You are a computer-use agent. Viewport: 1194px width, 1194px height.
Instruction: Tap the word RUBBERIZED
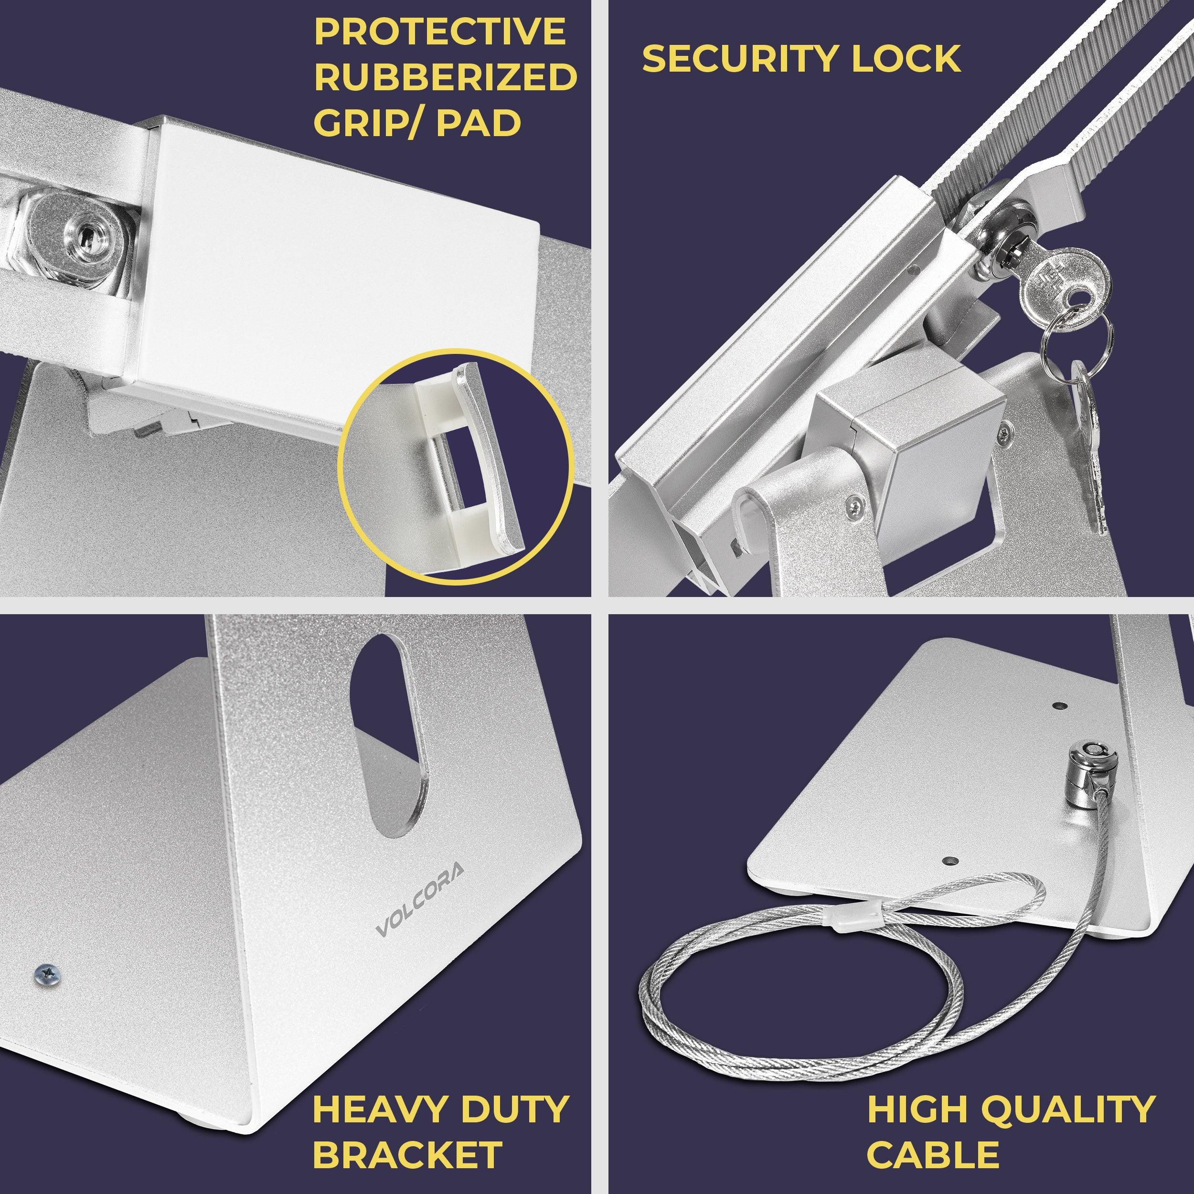click(446, 76)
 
